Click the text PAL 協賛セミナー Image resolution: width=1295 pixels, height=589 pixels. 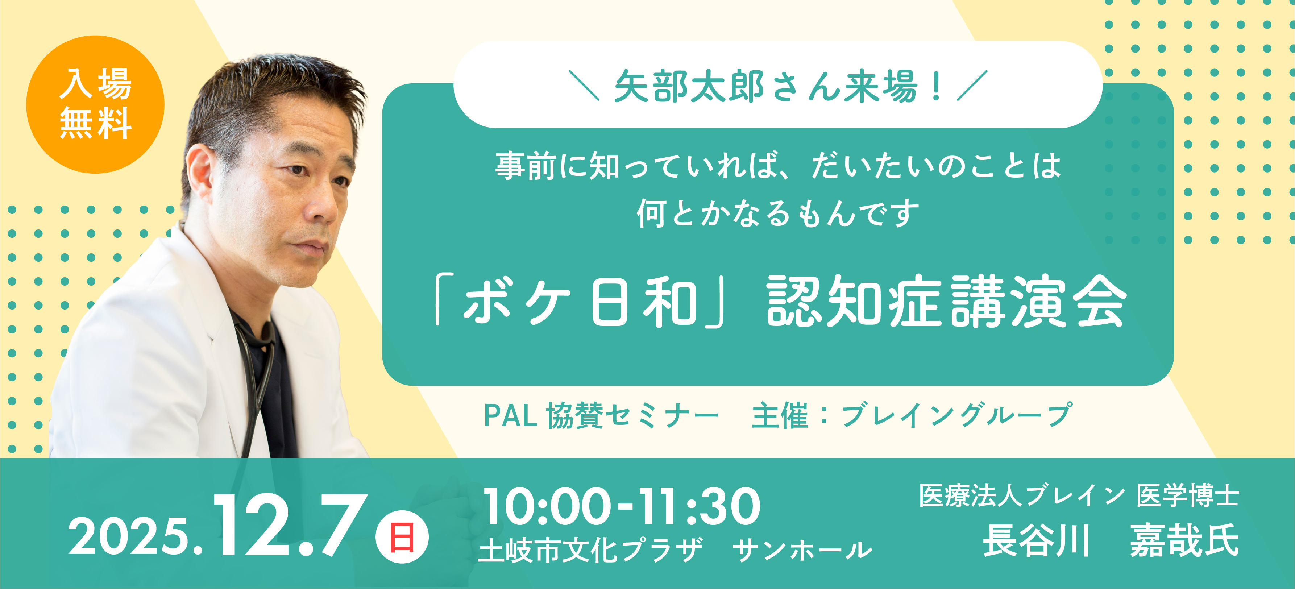point(601,416)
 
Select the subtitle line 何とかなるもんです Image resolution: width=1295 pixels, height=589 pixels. point(778,213)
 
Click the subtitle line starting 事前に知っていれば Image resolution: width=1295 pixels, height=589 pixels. point(778,166)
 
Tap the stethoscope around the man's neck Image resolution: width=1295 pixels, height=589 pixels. point(256,352)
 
